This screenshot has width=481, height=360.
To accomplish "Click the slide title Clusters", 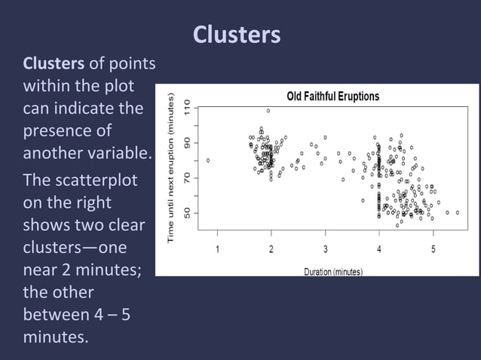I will (237, 35).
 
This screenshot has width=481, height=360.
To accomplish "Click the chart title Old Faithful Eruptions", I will (332, 96).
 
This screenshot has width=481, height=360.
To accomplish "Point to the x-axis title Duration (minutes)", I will (332, 270).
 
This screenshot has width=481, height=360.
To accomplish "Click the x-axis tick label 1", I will (218, 249).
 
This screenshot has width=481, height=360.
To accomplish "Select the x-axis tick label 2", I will (271, 249).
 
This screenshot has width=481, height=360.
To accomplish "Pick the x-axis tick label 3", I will (325, 249).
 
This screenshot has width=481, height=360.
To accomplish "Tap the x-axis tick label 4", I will (379, 249).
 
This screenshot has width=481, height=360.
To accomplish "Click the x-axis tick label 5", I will (433, 249).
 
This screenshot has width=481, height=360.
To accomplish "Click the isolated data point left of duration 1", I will (207, 160).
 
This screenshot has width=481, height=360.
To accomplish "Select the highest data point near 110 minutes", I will (268, 111).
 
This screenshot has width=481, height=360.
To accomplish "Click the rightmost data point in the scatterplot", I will (457, 212).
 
